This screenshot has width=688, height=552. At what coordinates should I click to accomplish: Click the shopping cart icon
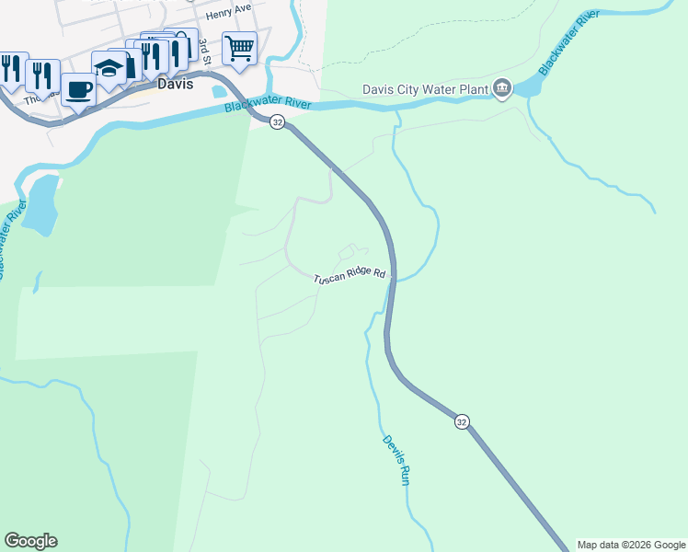point(239,46)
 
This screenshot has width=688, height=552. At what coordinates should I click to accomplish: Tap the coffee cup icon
point(79,89)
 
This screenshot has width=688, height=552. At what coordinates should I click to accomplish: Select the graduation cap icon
point(109,66)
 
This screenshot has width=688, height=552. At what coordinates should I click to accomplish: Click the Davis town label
point(176,83)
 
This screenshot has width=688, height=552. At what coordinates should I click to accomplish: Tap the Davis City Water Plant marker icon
point(501,88)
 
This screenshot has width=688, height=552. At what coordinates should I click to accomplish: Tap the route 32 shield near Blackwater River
point(277,122)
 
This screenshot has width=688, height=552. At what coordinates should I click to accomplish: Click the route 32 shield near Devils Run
point(462,420)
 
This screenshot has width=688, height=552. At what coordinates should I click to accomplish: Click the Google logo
point(30,541)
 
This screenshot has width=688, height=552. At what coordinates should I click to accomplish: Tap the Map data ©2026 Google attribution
point(631,545)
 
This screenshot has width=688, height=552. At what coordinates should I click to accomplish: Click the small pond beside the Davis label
point(219,91)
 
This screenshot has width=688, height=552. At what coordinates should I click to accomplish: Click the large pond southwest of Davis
point(40,201)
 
